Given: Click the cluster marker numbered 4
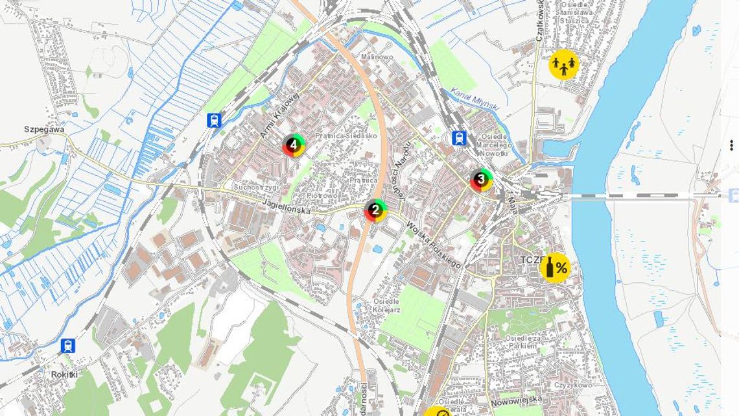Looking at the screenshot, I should click(294, 145).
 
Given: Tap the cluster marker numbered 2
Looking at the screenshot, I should click(375, 210).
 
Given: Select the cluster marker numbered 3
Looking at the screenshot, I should click(481, 179).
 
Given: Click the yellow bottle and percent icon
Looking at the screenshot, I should click(556, 267).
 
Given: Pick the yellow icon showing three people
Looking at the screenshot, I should click(563, 65).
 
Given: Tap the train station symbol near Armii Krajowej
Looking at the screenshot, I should click(214, 120).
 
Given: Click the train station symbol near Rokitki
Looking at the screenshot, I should click(67, 345).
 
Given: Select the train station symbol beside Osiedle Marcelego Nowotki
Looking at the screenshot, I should click(459, 138).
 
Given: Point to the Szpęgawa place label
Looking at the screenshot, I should click(44, 129).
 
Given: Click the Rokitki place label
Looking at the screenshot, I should click(64, 374).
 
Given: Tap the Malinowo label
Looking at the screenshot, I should click(377, 57).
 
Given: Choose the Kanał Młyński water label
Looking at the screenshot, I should click(475, 98).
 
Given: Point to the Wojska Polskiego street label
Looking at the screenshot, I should click(433, 245).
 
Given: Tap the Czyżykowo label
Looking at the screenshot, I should click(573, 385).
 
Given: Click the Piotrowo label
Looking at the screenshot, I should click(322, 195).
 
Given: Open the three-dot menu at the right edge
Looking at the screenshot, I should click(731, 145).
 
